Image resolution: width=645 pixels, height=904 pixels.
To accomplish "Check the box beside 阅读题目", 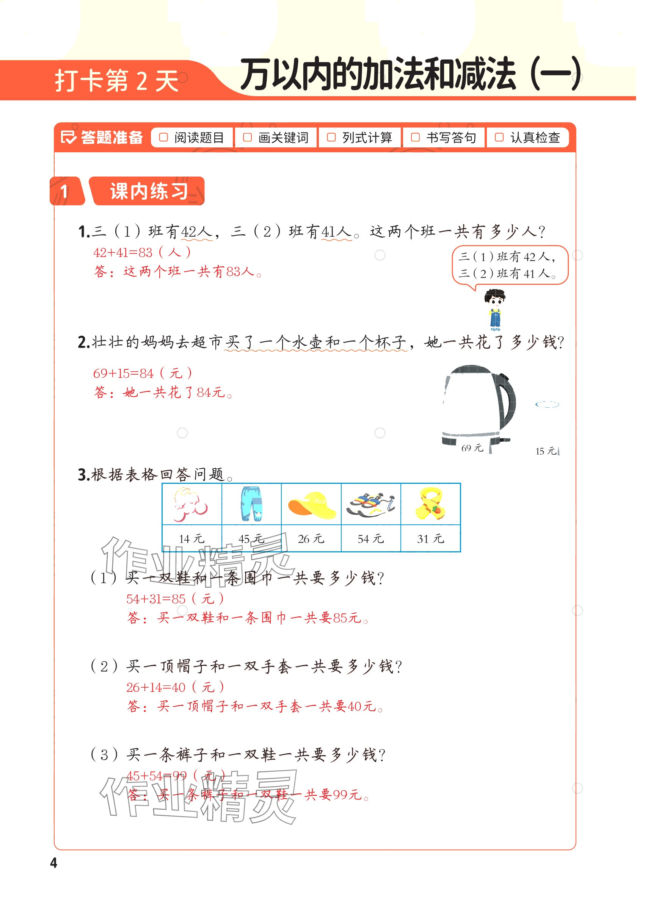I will pos(163,137).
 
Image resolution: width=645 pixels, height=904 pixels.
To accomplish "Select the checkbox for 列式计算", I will pos(331,137).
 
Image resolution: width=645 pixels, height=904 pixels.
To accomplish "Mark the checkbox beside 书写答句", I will pos(415,137).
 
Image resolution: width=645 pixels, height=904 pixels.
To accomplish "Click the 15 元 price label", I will pos(546,451).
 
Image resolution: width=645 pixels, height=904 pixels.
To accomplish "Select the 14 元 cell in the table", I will pos(192,538).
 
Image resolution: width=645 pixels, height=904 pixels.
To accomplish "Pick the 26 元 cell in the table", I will pos(311,538).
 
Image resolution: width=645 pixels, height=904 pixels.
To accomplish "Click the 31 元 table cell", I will pos(430,538).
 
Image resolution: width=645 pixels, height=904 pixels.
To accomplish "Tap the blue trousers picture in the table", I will pos(252,504).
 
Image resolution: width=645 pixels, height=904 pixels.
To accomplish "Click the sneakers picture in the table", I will pos(371,504).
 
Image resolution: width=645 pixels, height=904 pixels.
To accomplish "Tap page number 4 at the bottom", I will pos(53,862).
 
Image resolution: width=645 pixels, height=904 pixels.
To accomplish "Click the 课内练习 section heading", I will pos(149,191).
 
